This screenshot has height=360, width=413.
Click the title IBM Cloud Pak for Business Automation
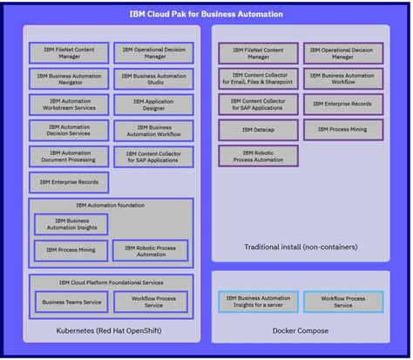pos(206,14)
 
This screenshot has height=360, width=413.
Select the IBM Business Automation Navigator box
pos(69,79)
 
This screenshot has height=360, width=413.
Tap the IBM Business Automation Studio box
pos(153,79)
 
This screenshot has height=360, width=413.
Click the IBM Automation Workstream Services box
pos(69,105)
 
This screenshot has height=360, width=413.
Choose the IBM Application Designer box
pos(153,105)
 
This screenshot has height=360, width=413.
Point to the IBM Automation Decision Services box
pos(69,131)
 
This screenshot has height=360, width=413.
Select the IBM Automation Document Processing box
pos(69,156)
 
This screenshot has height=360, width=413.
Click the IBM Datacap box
pos(258,131)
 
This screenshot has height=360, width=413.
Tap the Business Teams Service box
pos(69,302)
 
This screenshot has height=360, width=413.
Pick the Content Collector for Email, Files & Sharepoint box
pos(258,79)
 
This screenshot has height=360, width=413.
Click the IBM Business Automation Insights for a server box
pos(258,302)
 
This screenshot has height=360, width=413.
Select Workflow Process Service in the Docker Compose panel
pos(342,302)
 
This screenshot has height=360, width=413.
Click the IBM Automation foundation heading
pos(111,205)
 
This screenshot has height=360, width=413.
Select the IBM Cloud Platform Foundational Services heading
pos(111,282)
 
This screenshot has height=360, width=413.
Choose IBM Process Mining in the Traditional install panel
pos(342,130)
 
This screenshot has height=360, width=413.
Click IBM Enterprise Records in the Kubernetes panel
pos(69,182)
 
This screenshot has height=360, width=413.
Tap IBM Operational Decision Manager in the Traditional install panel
pos(342,53)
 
